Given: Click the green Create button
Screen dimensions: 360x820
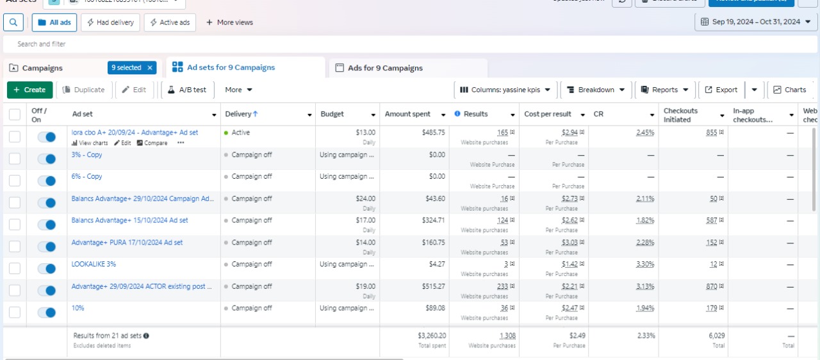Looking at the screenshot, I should point(29,90).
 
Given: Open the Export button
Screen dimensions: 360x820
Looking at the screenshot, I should point(721,90).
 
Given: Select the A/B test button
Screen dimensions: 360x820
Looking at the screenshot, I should point(187,90).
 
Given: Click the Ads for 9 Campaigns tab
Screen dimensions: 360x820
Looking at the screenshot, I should point(384,68).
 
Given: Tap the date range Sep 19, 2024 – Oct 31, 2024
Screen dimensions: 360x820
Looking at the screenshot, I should point(756,22).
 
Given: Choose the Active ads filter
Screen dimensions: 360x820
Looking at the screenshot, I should point(170,22).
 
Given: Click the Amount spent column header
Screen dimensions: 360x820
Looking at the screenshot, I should point(407,114).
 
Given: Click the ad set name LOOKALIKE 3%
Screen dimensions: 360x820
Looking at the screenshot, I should point(94,264).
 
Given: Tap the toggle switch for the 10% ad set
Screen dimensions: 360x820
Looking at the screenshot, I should point(47,313).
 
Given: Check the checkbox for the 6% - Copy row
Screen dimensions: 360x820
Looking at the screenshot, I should point(15,181).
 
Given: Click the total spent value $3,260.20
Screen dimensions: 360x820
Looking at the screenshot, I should point(432,335).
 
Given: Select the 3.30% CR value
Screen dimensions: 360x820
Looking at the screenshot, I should point(645,264).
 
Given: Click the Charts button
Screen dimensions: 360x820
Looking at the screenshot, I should point(790,90).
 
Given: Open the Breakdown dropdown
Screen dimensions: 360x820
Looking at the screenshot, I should point(596,90).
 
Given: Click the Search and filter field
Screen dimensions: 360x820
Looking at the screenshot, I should point(410,44).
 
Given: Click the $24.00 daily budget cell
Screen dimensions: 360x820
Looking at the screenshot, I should point(365,199).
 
